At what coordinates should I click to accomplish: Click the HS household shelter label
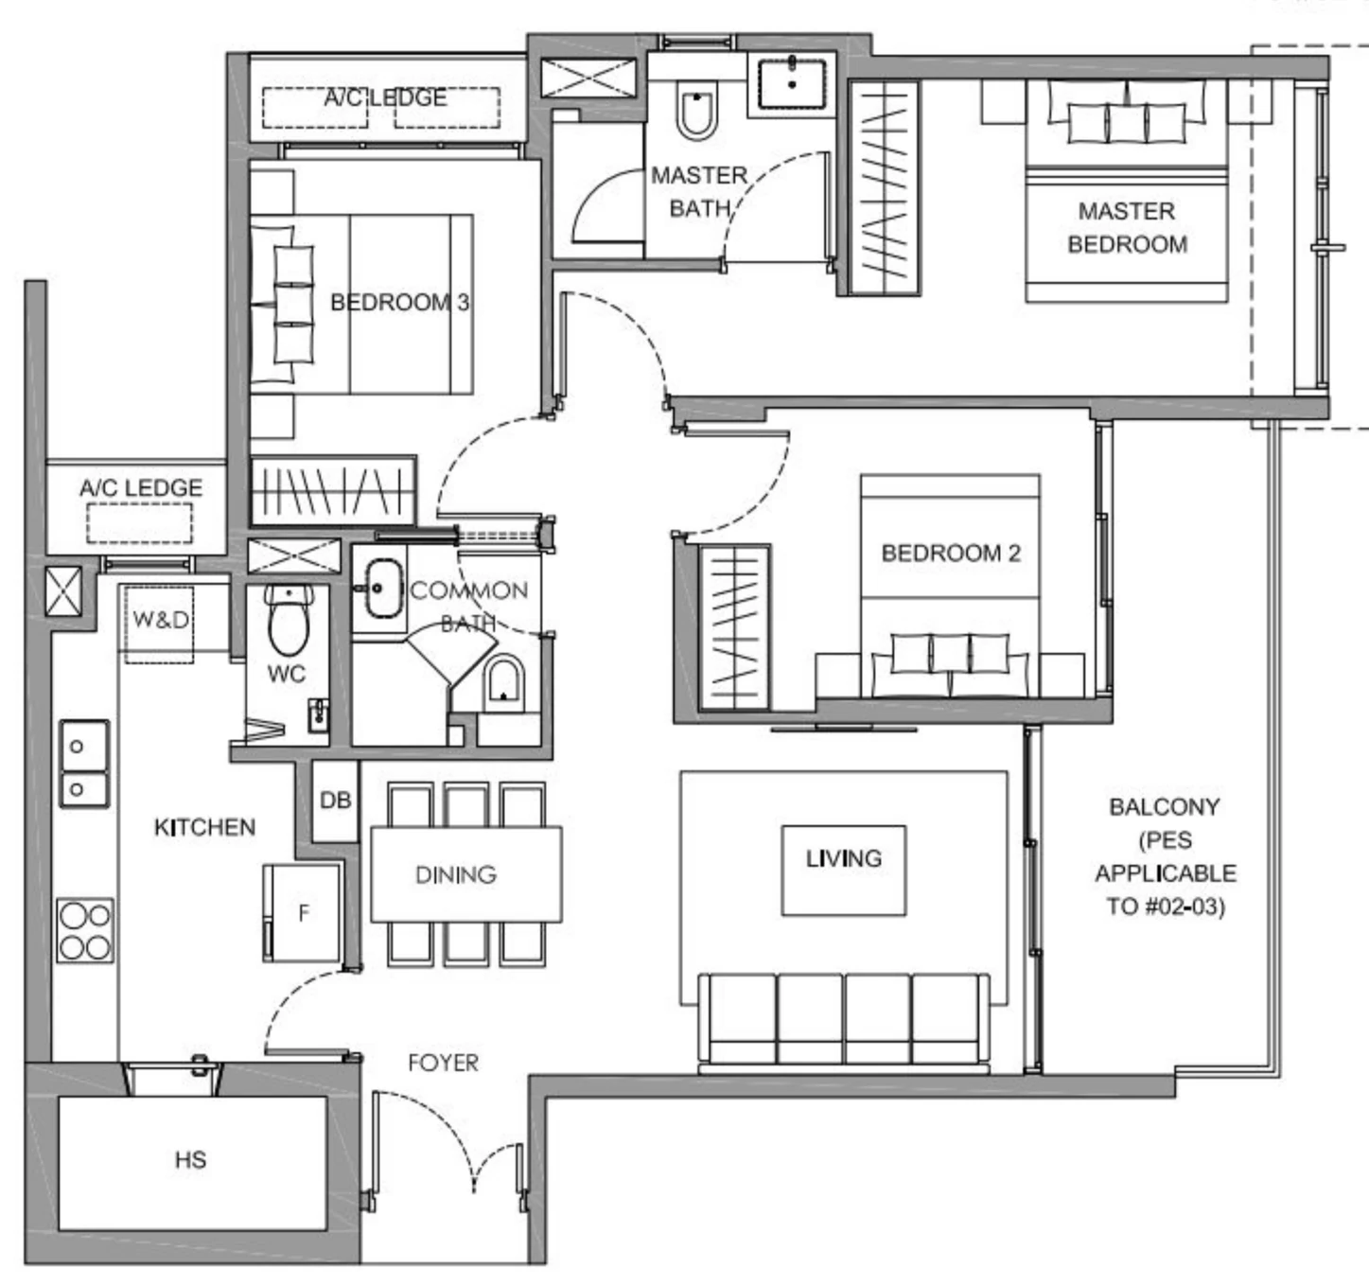[x=190, y=1160]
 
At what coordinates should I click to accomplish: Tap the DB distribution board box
[x=335, y=801]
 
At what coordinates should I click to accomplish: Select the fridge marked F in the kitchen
[x=302, y=913]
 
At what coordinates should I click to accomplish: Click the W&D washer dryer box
[x=160, y=621]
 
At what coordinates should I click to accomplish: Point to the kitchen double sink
[x=84, y=765]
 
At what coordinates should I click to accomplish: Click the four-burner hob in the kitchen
[x=85, y=930]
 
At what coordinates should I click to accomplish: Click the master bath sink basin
[x=791, y=84]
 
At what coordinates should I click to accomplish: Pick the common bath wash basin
[x=383, y=590]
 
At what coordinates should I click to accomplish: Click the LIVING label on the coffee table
[x=843, y=859]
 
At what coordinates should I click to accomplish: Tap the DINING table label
[x=456, y=875]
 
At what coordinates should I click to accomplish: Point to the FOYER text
[x=443, y=1064]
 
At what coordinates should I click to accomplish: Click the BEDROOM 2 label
[x=951, y=554]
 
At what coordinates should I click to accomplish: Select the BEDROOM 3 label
[x=399, y=303]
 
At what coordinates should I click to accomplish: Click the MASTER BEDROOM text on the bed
[x=1127, y=228]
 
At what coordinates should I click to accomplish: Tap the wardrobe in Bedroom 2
[x=735, y=627]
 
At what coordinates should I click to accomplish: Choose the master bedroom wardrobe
[x=885, y=187]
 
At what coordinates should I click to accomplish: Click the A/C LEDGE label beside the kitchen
[x=141, y=488]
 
